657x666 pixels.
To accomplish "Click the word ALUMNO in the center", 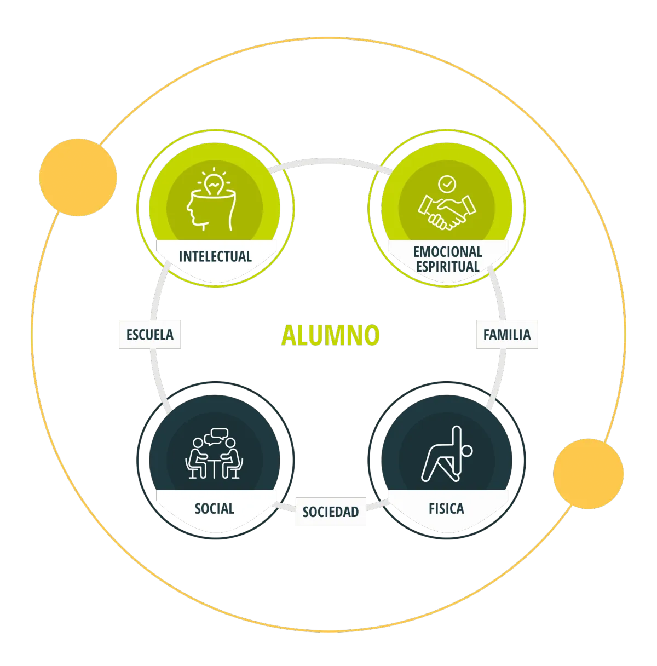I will coord(330,335).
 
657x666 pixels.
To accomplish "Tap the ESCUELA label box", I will coord(150,335).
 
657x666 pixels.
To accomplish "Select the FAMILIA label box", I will coord(506,335).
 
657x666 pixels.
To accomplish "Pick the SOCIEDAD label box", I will coord(331,512).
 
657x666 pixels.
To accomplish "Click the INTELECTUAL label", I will coord(215,256).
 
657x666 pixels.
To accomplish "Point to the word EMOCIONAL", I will coord(447,252).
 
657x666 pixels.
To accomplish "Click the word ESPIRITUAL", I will coord(447,267).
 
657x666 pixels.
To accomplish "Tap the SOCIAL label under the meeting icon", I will coord(215,509).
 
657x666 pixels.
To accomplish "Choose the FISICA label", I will coord(446,509).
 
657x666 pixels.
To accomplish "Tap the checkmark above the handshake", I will coord(447,183).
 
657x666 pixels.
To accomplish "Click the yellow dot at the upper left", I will coord(78,177).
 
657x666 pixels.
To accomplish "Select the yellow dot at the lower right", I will coord(588,474).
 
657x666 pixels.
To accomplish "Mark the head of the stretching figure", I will coord(466,451).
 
